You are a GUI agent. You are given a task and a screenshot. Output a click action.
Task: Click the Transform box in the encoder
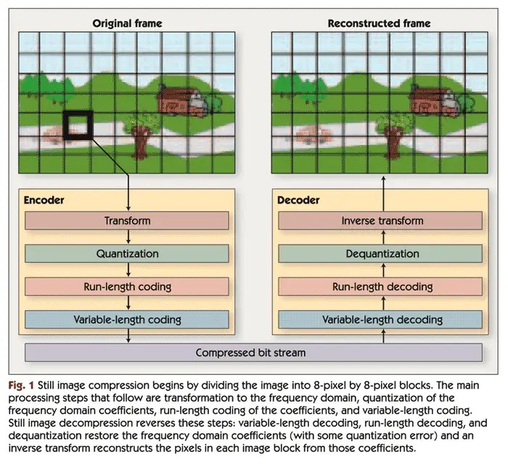(128, 221)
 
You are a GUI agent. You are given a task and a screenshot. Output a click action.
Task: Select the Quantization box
(128, 253)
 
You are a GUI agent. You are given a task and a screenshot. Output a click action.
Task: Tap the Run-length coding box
(128, 286)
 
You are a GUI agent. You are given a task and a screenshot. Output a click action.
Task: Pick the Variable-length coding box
(128, 319)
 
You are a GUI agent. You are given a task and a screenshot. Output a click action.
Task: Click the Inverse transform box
(382, 221)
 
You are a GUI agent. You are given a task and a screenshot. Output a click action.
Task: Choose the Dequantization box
(382, 253)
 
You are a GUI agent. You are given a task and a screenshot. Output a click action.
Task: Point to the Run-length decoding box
(382, 286)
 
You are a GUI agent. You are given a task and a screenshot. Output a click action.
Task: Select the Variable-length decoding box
(382, 319)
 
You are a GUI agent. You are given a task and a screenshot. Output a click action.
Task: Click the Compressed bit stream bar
(254, 353)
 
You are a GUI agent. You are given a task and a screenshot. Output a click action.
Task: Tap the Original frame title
(128, 23)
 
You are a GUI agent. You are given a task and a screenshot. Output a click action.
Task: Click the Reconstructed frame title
(379, 23)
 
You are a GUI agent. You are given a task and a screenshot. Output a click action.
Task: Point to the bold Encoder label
(44, 198)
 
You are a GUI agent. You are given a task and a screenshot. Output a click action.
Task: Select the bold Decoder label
(298, 198)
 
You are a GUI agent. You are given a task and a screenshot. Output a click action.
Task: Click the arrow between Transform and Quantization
(128, 238)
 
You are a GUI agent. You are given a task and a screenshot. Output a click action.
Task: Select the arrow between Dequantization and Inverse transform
(382, 238)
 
